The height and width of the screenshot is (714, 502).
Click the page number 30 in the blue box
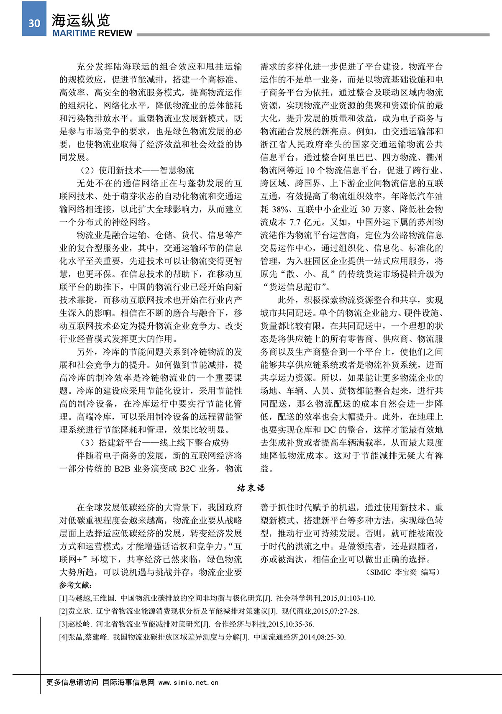pyautogui.click(x=34, y=23)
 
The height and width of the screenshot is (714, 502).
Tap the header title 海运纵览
pyautogui.click(x=81, y=20)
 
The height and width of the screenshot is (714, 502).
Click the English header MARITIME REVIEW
pyautogui.click(x=92, y=33)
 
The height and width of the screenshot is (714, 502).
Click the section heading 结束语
pyautogui.click(x=251, y=488)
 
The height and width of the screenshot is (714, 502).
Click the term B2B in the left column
pyautogui.click(x=122, y=468)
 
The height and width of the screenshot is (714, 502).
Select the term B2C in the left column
pyautogui.click(x=187, y=468)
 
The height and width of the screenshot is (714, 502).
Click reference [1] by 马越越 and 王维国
pyautogui.click(x=217, y=598)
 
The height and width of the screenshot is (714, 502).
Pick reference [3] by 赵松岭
pyautogui.click(x=187, y=624)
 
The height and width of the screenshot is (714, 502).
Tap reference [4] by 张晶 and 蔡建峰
pyautogui.click(x=202, y=637)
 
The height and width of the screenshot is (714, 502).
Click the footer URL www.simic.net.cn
pyautogui.click(x=189, y=682)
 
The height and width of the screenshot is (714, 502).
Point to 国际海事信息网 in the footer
pyautogui.click(x=128, y=682)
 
